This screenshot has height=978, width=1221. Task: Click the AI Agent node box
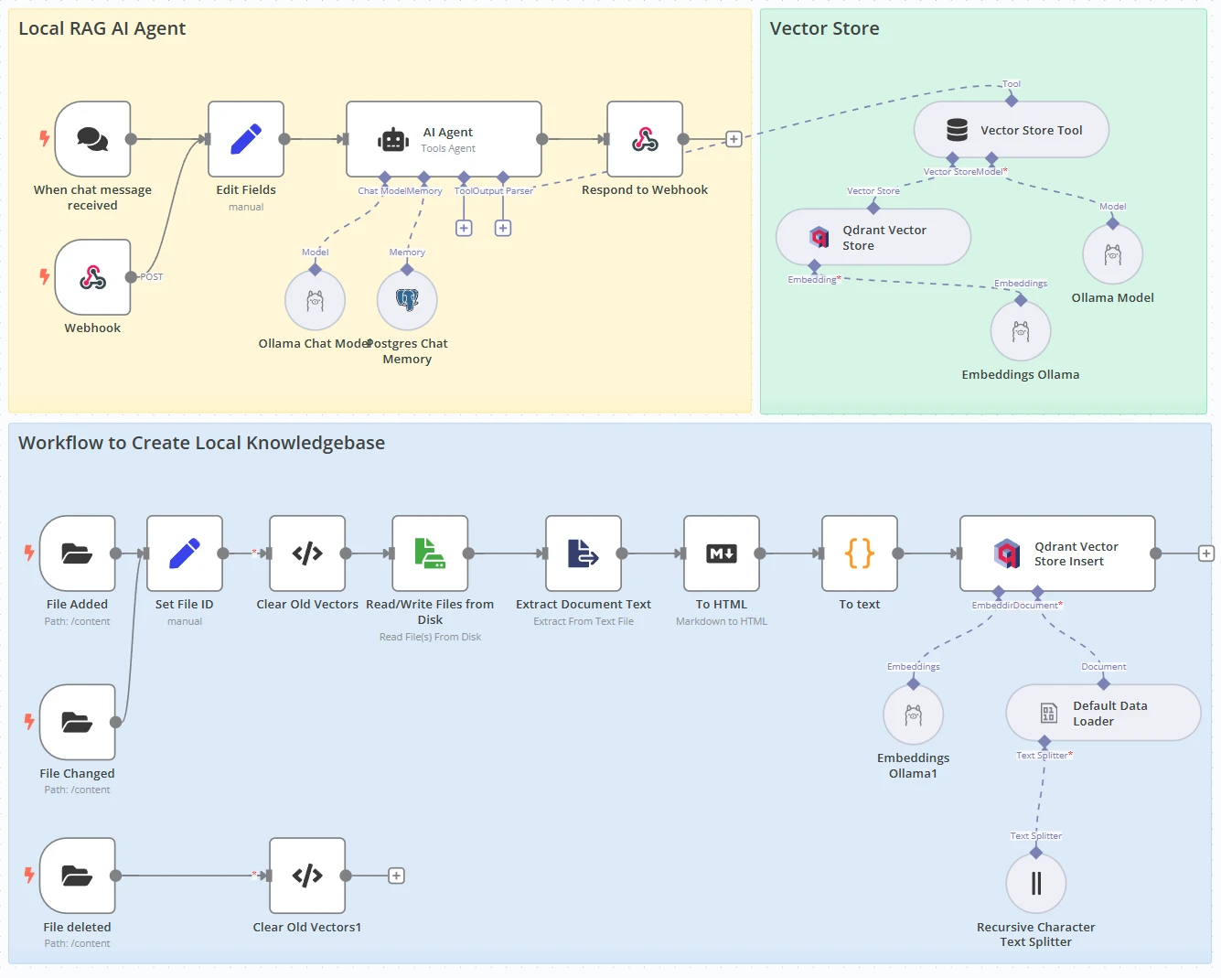[x=444, y=139]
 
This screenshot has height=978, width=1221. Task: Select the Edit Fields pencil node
[x=246, y=139]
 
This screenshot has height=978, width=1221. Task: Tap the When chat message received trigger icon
[x=92, y=139]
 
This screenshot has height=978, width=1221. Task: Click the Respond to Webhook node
[x=645, y=139]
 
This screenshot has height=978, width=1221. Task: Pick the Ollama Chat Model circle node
[x=315, y=300]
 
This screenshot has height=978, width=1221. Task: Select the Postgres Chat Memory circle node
[x=407, y=300]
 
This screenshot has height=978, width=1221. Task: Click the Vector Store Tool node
[x=1012, y=130]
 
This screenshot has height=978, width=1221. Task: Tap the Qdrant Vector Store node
[x=873, y=237]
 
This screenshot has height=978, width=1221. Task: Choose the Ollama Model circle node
[x=1112, y=254]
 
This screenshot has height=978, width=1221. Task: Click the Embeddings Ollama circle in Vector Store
[x=1021, y=331]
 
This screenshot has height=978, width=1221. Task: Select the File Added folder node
[x=78, y=553]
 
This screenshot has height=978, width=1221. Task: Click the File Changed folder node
[x=78, y=722]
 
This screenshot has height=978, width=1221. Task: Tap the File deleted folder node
[x=78, y=876]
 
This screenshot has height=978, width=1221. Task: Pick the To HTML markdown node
[x=722, y=553]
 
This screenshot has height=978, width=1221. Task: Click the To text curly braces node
[x=860, y=553]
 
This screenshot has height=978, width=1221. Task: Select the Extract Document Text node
[x=584, y=553]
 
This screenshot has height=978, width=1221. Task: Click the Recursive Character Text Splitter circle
[x=1035, y=883]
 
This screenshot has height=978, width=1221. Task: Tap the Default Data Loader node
[x=1103, y=713]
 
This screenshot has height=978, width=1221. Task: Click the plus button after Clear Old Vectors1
[x=396, y=876]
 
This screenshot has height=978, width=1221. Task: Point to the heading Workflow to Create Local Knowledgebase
[x=201, y=443]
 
